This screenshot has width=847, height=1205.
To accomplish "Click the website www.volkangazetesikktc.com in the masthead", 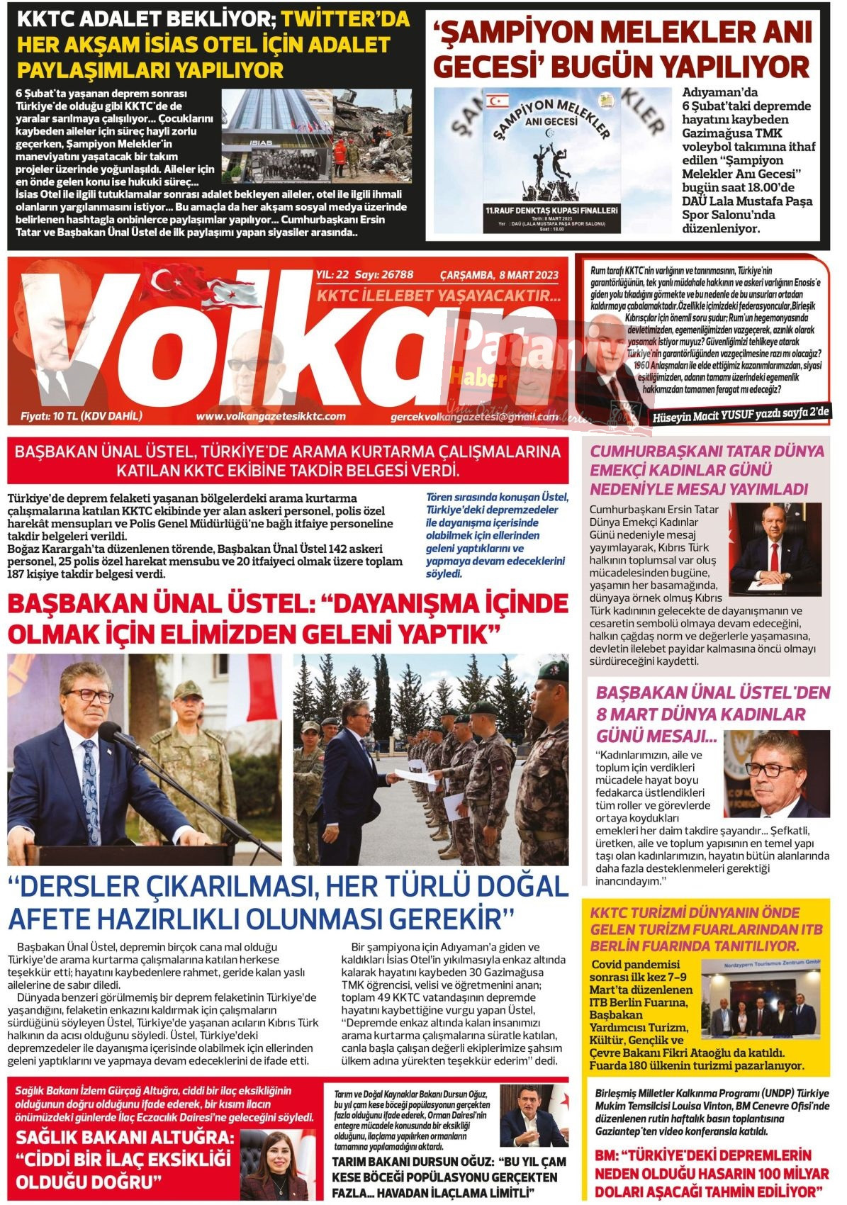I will click(271, 416).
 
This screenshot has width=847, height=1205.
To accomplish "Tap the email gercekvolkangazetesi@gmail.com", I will click(474, 417).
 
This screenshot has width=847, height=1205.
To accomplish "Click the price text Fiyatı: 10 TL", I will click(82, 416).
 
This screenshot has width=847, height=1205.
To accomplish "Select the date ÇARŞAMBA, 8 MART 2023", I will click(499, 275).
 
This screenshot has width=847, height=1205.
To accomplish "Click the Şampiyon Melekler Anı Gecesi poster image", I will click(551, 160).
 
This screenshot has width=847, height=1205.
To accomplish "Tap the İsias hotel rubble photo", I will click(316, 135).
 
